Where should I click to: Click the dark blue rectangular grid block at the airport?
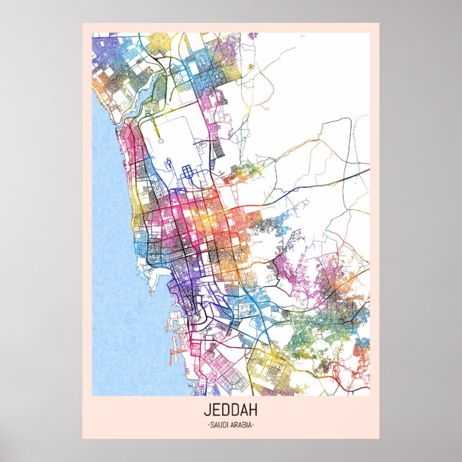(190, 172)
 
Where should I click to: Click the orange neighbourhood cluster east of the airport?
(247, 171)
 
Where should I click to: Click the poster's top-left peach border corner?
(85, 25)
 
